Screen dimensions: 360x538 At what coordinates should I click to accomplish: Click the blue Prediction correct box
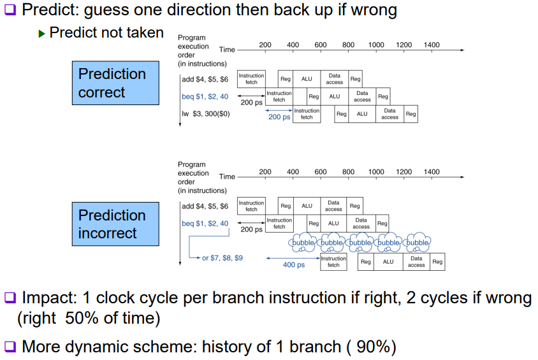click(115, 83)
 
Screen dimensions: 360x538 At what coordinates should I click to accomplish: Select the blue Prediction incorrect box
click(115, 224)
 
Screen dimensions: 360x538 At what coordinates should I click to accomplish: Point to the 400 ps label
click(294, 264)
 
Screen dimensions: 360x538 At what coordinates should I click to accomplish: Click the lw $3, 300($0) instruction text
click(205, 114)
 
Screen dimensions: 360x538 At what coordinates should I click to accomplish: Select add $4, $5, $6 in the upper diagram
click(205, 80)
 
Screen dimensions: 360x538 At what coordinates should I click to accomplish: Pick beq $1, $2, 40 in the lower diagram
click(205, 224)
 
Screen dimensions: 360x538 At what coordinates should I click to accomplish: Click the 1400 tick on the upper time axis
click(432, 45)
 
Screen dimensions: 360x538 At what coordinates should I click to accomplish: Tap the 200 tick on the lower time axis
click(265, 172)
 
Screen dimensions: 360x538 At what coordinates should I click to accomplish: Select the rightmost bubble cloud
click(418, 243)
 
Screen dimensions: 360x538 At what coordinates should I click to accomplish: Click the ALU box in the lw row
click(362, 114)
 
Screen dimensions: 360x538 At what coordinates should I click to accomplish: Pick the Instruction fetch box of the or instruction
click(333, 262)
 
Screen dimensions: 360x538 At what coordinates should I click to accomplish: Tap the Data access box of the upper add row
click(334, 79)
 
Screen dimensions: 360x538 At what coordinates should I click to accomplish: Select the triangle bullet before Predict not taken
click(42, 33)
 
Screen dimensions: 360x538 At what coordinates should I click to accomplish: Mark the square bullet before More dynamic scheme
click(10, 347)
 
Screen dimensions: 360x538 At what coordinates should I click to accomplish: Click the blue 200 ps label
click(279, 117)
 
